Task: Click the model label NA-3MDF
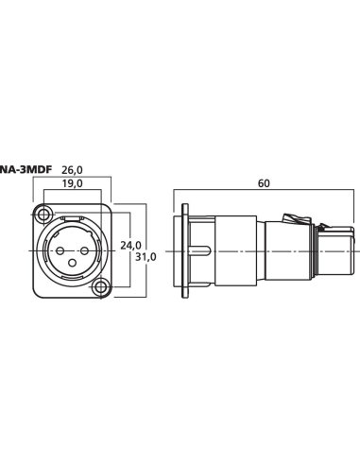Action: [26, 170]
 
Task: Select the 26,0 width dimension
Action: [72, 170]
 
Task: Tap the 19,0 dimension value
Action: [72, 183]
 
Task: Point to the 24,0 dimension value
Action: [131, 245]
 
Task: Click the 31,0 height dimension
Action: [146, 257]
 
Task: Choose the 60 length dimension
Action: [264, 183]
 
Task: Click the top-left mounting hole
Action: [43, 215]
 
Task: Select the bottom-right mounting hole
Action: [101, 286]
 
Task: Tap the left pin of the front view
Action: [60, 251]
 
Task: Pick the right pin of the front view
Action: [84, 251]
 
